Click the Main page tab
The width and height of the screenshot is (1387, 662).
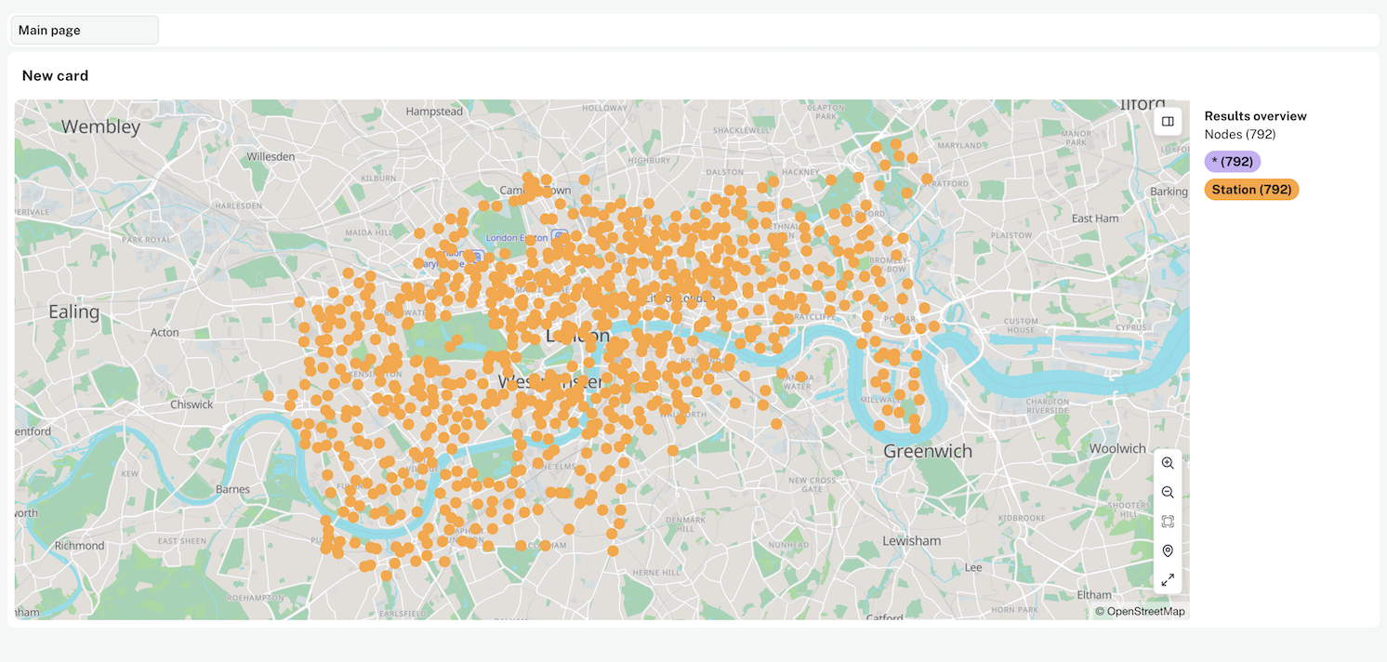(84, 31)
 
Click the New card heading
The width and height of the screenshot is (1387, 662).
(56, 76)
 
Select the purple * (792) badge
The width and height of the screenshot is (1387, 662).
(1232, 162)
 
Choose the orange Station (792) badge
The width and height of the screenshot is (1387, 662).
(1251, 190)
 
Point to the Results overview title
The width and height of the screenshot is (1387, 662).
(1255, 116)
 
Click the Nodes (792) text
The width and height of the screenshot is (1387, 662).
(1240, 135)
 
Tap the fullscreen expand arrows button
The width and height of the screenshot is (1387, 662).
(1168, 580)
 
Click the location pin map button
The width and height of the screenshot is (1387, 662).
(1168, 551)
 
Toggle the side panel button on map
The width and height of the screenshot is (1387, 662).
(1168, 121)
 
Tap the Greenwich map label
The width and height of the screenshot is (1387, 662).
(928, 452)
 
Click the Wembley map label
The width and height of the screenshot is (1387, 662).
(100, 127)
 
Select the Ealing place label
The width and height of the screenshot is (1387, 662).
(73, 312)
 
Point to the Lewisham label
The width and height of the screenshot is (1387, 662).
(911, 541)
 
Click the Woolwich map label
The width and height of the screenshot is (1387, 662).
(1117, 449)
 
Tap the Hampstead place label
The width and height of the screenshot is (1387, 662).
(434, 112)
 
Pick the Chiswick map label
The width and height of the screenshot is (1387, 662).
(192, 404)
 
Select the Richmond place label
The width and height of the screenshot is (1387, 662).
(79, 546)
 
